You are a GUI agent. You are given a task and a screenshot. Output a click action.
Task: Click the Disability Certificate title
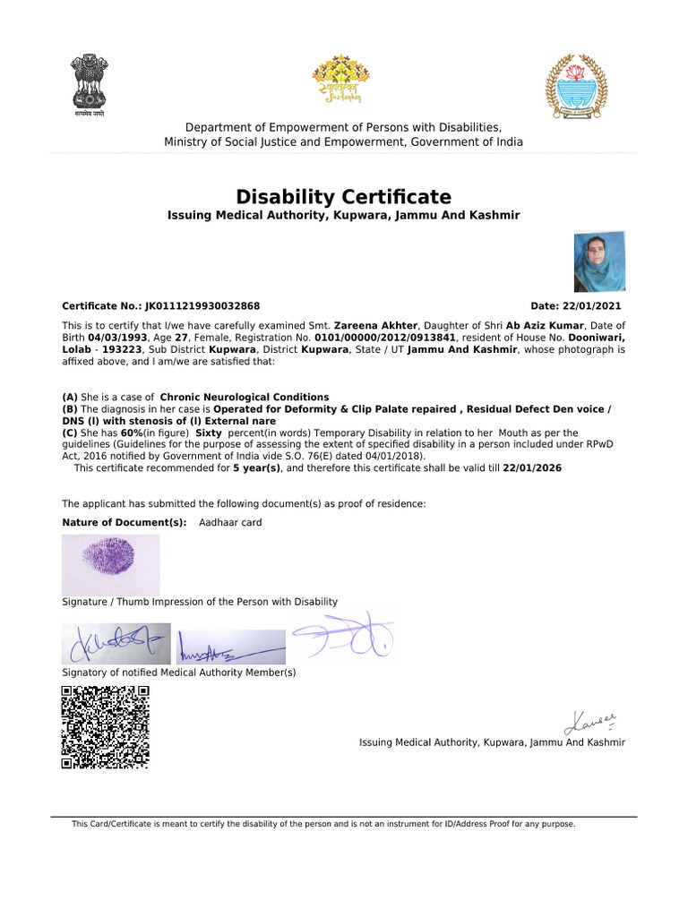pyautogui.click(x=343, y=197)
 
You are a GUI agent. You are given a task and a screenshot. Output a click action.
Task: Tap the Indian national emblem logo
pyautogui.click(x=89, y=85)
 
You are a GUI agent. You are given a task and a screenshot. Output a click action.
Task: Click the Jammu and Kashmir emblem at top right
pyautogui.click(x=577, y=86)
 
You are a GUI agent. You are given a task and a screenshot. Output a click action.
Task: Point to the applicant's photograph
pyautogui.click(x=599, y=261)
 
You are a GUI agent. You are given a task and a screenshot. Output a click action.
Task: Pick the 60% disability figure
pyautogui.click(x=132, y=433)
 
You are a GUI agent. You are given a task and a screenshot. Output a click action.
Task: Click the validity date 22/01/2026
pyautogui.click(x=532, y=468)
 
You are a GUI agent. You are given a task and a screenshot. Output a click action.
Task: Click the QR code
pyautogui.click(x=105, y=726)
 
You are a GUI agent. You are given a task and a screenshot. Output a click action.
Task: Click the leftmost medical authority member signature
pyautogui.click(x=115, y=642)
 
